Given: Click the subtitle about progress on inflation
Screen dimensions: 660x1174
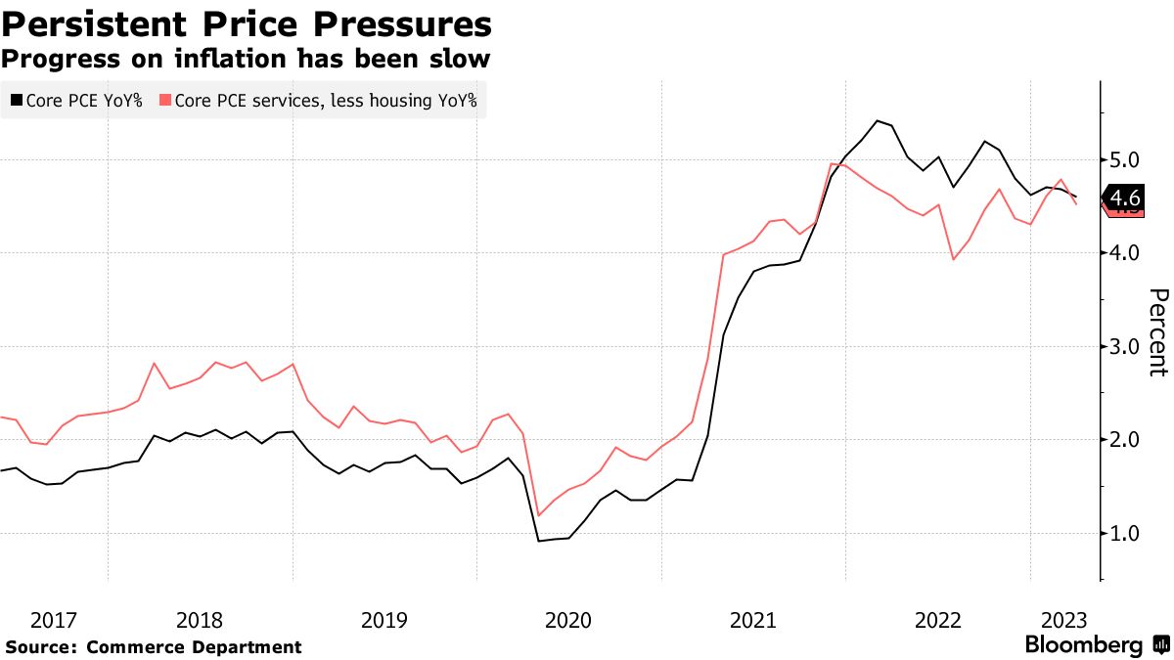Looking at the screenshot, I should click(245, 59).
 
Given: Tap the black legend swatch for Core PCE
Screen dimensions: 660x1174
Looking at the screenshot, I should click(16, 100).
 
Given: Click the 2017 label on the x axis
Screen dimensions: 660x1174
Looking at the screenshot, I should click(54, 620).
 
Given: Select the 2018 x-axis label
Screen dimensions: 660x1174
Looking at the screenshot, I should click(200, 620).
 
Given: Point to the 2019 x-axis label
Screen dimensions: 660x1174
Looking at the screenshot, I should click(384, 620).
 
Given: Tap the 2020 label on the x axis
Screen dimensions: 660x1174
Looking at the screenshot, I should click(568, 620).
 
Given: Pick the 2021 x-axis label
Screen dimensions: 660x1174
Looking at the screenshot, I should click(753, 620).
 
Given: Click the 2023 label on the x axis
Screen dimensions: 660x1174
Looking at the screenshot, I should click(1063, 620).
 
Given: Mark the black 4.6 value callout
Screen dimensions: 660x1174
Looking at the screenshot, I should click(1124, 197).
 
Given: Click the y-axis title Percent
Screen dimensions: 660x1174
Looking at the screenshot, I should click(1157, 332).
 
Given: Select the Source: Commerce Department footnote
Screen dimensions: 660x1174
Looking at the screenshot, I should click(154, 647).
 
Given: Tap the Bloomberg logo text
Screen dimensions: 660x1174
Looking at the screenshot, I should click(1083, 645).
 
